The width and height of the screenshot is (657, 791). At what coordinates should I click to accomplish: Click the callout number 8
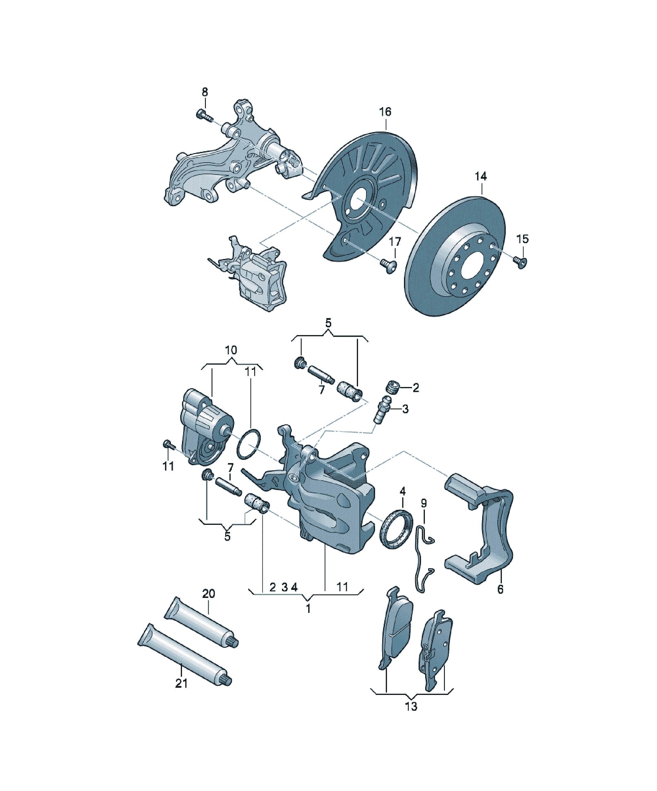205,92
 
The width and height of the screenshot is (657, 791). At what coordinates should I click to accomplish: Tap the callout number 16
385,112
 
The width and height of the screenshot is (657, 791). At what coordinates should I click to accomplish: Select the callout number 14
481,176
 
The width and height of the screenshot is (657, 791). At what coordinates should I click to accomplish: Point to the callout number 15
522,239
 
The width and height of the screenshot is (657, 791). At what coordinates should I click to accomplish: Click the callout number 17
395,241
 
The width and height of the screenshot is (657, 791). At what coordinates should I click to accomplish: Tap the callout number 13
411,707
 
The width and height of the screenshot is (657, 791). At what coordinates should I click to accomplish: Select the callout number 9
424,503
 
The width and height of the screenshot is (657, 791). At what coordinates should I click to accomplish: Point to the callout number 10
231,350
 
